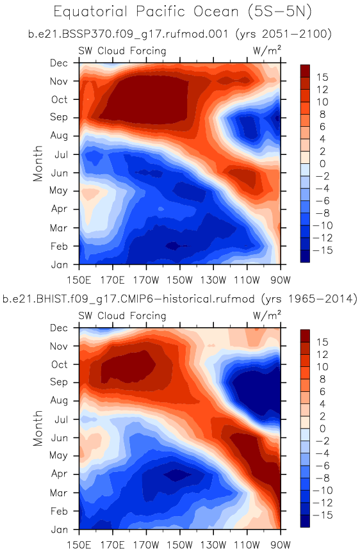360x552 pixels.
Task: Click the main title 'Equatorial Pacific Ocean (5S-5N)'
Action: pos(183,12)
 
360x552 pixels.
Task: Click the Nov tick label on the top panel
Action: pos(59,81)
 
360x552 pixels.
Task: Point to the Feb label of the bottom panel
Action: pos(59,511)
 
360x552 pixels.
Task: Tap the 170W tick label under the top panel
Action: pos(146,280)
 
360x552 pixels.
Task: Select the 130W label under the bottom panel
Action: pos(213,546)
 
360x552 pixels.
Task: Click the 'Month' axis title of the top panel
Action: pos(38,163)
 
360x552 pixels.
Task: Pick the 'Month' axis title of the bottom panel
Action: pos(38,428)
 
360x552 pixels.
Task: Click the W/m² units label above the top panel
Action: pos(267,51)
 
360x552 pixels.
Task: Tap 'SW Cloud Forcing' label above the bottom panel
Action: pos(122,316)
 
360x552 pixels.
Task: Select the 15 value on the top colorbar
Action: pos(322,77)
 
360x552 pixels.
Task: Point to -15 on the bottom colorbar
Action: pos(322,515)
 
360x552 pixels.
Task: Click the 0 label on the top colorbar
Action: pos(322,164)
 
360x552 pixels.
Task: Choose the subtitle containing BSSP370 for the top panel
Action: pos(180,34)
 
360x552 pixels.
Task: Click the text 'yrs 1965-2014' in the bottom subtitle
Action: pos(309,299)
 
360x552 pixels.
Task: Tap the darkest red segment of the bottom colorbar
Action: pos(305,336)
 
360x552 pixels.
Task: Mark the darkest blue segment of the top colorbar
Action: pos(305,256)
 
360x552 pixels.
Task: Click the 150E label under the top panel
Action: pos(79,280)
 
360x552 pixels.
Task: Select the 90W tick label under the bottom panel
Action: pos(281,546)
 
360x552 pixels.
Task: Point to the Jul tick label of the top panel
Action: pos(61,154)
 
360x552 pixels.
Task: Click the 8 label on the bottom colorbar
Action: pos(322,379)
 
